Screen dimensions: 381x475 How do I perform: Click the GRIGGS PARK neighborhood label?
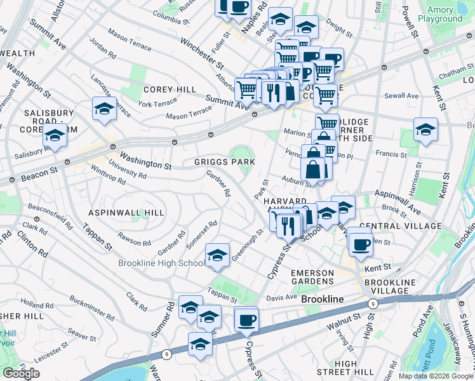(224, 163)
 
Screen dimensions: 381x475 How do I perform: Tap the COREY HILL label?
(170, 90)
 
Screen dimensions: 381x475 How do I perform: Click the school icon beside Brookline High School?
(217, 256)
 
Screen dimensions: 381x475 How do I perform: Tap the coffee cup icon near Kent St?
(361, 244)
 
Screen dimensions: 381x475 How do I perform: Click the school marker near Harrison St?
(425, 130)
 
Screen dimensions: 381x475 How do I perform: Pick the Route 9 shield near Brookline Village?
(374, 304)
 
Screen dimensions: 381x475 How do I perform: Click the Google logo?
(22, 373)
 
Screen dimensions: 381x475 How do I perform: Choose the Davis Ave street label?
(282, 297)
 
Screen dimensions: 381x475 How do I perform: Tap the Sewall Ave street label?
(405, 96)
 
